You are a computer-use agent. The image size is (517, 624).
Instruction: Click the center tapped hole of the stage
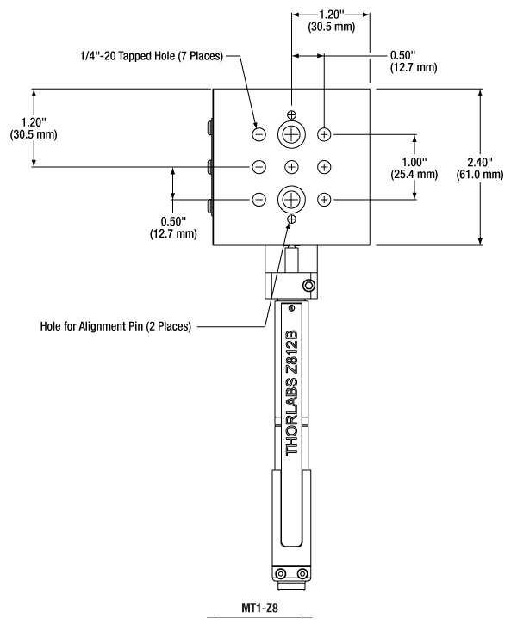coord(291,166)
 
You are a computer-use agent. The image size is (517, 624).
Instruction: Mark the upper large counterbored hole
coord(291,133)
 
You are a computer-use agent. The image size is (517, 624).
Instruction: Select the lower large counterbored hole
coord(291,199)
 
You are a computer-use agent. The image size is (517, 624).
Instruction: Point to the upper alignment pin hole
coord(291,115)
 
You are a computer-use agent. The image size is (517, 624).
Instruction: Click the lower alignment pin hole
coord(291,220)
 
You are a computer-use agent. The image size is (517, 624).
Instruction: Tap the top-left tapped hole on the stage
coord(258,134)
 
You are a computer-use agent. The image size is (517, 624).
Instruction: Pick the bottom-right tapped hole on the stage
coord(324,199)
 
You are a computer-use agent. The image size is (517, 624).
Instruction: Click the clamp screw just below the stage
coord(308,285)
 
